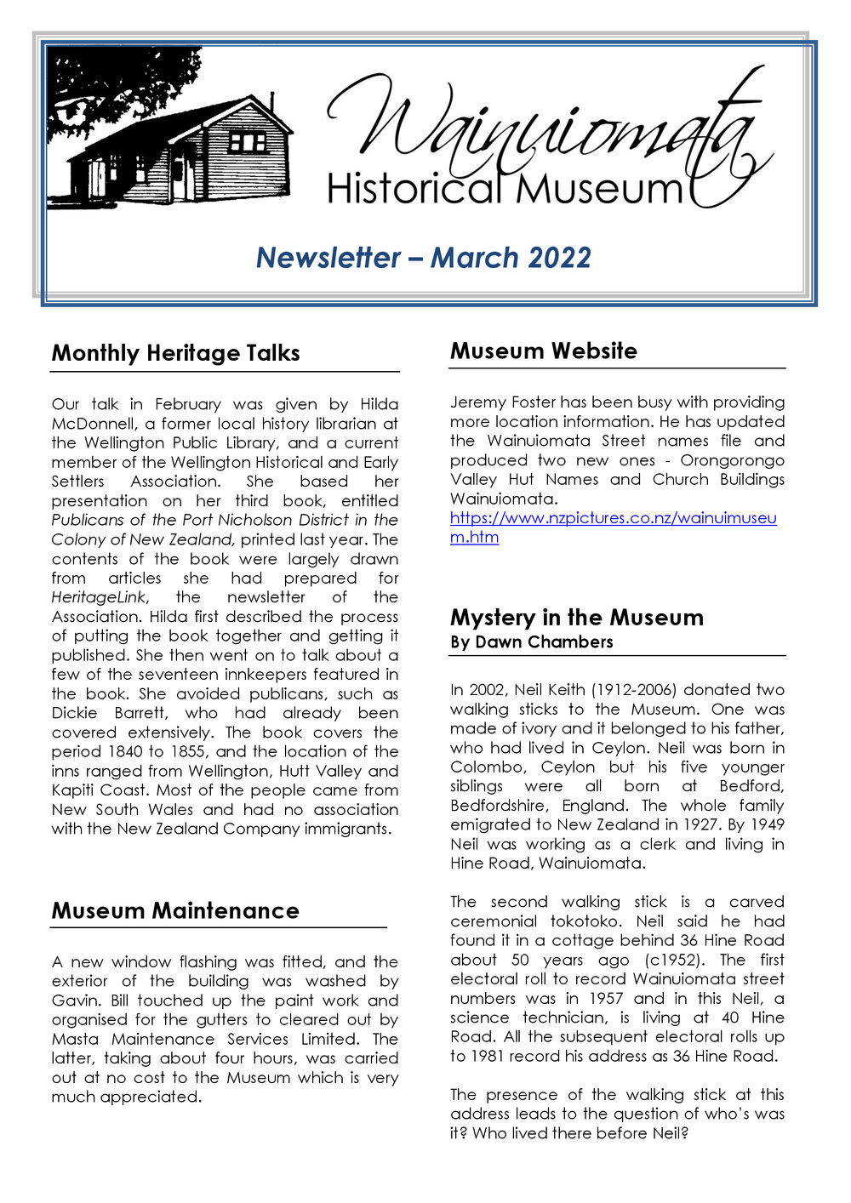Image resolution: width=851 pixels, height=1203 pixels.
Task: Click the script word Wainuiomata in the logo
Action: pyautogui.click(x=545, y=128)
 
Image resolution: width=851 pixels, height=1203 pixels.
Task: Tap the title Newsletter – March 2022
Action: pyautogui.click(x=424, y=258)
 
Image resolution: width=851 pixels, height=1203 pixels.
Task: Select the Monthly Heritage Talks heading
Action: pyautogui.click(x=175, y=353)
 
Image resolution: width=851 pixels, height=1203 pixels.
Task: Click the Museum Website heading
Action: pyautogui.click(x=543, y=351)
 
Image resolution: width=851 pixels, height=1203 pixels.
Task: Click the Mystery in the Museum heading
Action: pyautogui.click(x=576, y=617)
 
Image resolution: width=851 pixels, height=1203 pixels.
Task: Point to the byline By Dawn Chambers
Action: pyautogui.click(x=531, y=642)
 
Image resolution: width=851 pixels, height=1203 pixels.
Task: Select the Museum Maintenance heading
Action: pyautogui.click(x=174, y=910)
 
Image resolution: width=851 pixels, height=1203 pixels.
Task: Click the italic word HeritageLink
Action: pyautogui.click(x=99, y=597)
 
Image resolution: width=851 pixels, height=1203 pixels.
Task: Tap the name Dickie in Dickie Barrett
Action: pyautogui.click(x=74, y=713)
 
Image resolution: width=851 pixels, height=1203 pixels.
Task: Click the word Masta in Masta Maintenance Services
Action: pyautogui.click(x=75, y=1040)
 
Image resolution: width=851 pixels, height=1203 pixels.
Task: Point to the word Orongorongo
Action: pyautogui.click(x=732, y=460)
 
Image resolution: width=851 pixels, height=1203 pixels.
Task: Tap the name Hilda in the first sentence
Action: pyautogui.click(x=379, y=404)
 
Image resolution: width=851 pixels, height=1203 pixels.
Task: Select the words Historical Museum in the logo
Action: pyautogui.click(x=505, y=189)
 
